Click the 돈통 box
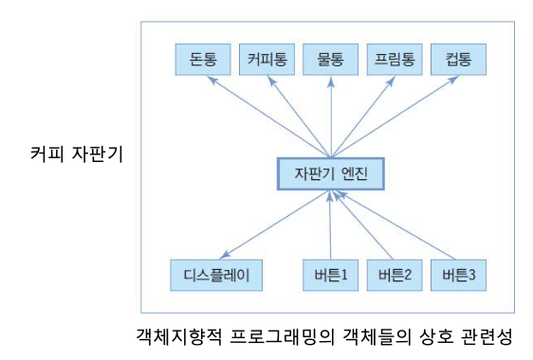[x=204, y=60]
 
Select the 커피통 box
[x=266, y=60]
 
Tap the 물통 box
[x=330, y=60]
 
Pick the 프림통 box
[x=395, y=60]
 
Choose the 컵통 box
[x=458, y=60]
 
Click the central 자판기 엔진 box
[x=330, y=174]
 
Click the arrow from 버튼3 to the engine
[x=395, y=225]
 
